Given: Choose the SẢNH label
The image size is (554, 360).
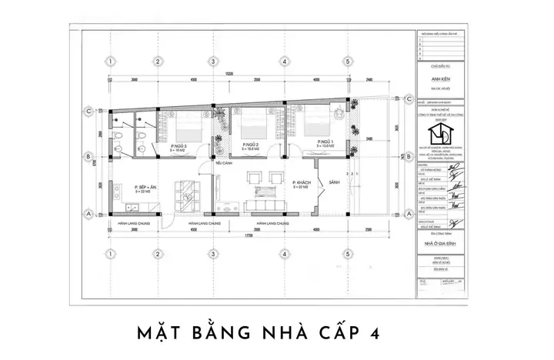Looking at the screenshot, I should coord(333,182).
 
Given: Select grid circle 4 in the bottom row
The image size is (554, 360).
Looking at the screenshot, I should coord(284,254).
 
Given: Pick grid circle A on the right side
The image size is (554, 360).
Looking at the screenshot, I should coord(407,213).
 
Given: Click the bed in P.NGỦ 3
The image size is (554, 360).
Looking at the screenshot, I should coord(189,125).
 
